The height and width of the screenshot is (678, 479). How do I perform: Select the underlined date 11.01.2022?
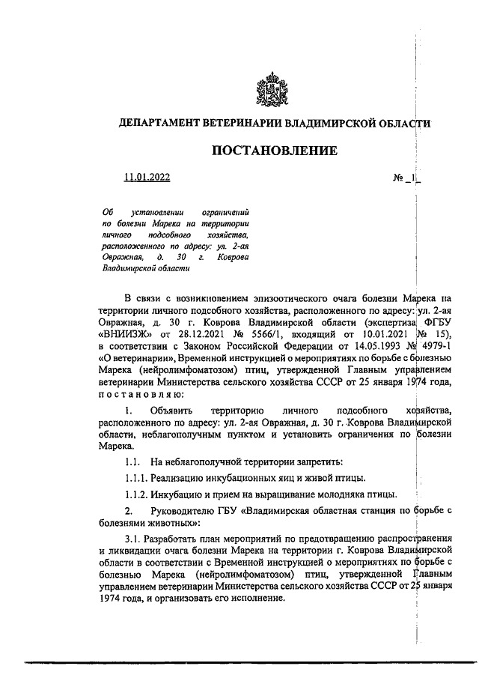coord(147,178)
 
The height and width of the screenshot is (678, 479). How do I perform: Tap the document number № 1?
coord(406,178)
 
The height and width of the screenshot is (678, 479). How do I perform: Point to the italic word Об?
coord(106,213)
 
